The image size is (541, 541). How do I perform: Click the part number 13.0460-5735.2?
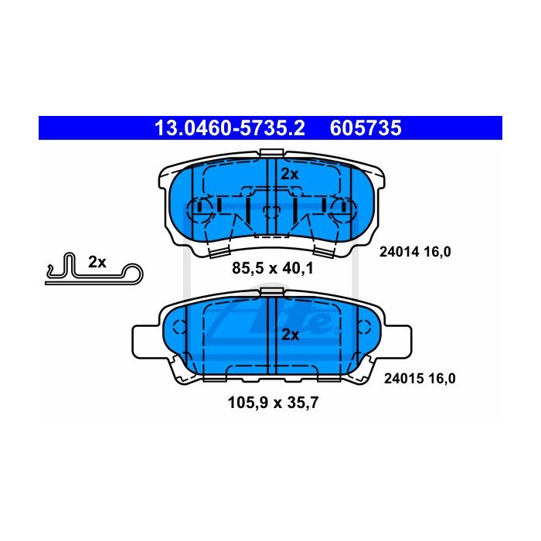point(230,128)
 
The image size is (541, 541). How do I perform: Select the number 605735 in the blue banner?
point(366,128)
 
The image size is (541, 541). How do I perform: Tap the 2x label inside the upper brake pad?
point(290,174)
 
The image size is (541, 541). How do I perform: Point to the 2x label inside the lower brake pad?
point(290,335)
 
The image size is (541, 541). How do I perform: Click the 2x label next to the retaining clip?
point(97,262)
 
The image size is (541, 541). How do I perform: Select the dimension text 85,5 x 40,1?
point(273,268)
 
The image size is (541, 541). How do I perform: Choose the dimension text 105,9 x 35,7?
point(273,403)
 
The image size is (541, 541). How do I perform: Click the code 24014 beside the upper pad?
point(399,252)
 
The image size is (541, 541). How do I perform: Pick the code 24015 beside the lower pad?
point(403,379)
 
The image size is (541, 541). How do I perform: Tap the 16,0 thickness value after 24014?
point(437,252)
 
